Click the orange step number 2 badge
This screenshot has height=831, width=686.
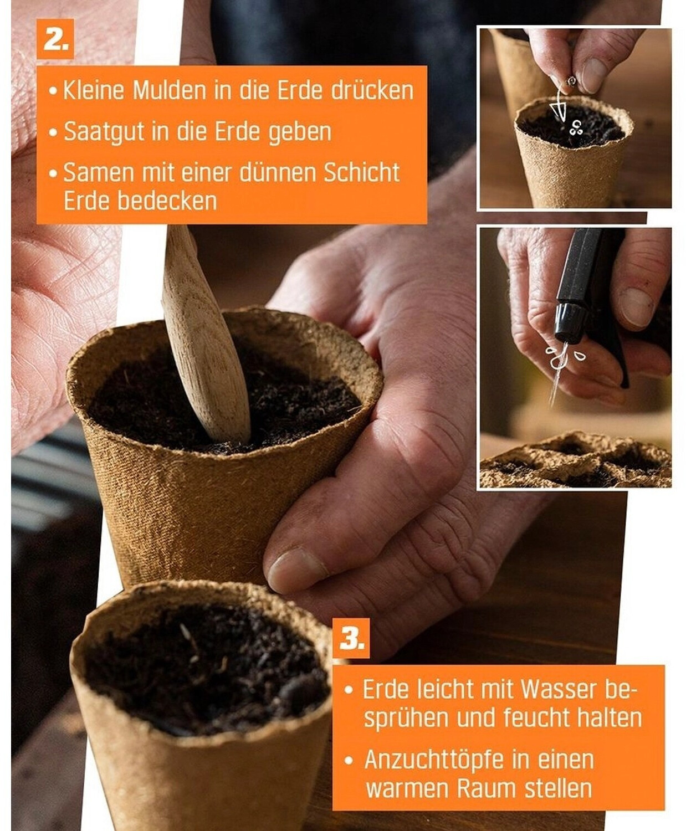(x=55, y=39)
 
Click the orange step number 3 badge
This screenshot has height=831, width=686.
(x=351, y=638)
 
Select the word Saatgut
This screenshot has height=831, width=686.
(x=104, y=132)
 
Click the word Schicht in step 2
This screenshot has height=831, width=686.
(x=361, y=172)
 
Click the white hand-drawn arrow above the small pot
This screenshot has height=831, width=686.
(x=559, y=105)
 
